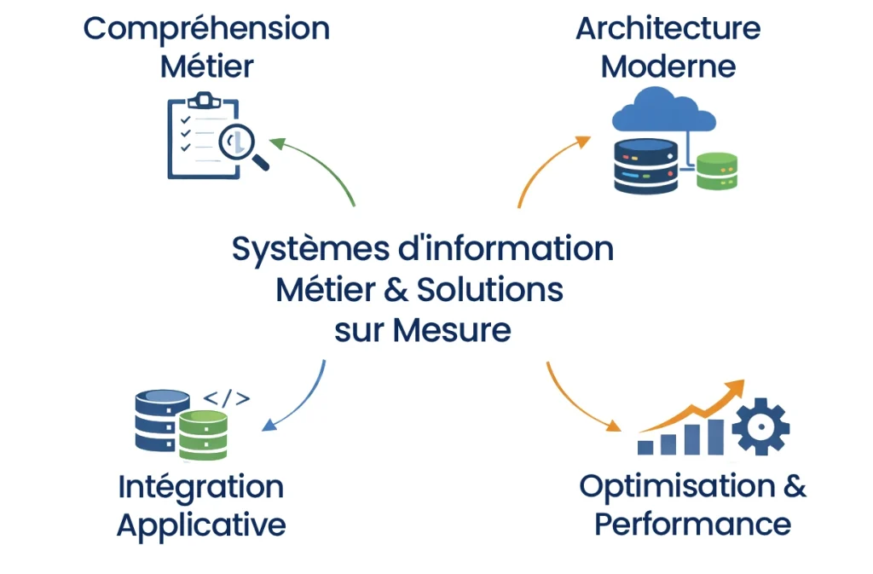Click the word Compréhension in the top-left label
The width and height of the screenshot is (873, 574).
pyautogui.click(x=206, y=29)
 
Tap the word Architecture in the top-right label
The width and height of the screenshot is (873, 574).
pyautogui.click(x=668, y=29)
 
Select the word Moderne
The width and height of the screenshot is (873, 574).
pyautogui.click(x=668, y=67)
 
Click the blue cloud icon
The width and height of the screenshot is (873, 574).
pyautogui.click(x=664, y=111)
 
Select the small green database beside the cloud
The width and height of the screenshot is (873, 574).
pyautogui.click(x=716, y=171)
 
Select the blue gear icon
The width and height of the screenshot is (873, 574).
pyautogui.click(x=760, y=426)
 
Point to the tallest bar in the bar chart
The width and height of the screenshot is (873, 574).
pyautogui.click(x=714, y=436)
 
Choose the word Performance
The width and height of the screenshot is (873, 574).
pyautogui.click(x=692, y=524)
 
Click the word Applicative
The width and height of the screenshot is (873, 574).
pyautogui.click(x=201, y=524)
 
